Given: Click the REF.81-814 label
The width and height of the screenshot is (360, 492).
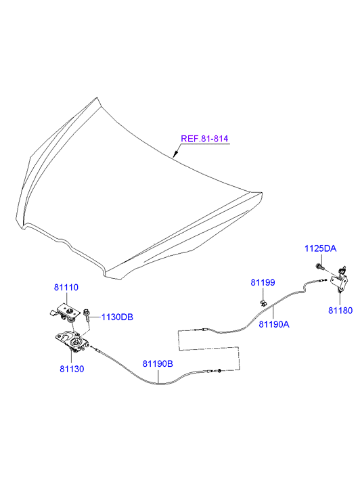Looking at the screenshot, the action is (204, 139).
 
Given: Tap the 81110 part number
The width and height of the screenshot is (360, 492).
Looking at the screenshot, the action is (66, 288).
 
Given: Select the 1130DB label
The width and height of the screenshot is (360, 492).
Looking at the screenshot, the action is (117, 317).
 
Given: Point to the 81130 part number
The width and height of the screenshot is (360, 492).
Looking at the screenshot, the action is (72, 369).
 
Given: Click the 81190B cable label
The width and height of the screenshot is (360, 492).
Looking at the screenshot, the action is (158, 363).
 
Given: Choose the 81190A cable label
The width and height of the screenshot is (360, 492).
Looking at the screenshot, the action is (274, 324).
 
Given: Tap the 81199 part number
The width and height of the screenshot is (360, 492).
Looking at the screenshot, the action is (263, 282).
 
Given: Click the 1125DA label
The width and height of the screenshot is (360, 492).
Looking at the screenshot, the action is (321, 249).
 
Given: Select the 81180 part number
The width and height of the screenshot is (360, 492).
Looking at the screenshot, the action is (340, 311).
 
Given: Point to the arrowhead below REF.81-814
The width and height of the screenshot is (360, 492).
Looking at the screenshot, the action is (176, 154).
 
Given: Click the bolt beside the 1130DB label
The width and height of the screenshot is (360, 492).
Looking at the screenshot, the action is (87, 315).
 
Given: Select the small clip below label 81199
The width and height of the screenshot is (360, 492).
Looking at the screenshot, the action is (263, 303).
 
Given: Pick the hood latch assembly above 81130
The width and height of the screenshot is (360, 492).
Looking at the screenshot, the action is (72, 340).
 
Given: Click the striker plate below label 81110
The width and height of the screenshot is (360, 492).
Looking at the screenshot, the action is (64, 311).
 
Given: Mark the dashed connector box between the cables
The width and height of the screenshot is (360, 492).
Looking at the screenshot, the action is (208, 349).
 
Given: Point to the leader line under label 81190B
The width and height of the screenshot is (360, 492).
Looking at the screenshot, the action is (159, 376).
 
